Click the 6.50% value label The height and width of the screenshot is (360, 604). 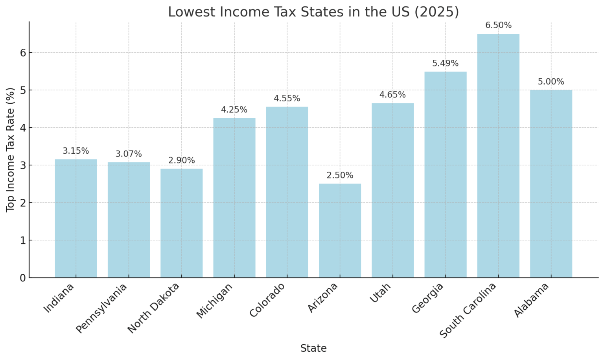(498, 26)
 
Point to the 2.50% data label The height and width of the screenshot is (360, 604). (340, 175)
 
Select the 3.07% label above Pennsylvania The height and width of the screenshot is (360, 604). (129, 154)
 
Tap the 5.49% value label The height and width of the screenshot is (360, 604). (445, 63)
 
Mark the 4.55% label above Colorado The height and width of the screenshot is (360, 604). (287, 98)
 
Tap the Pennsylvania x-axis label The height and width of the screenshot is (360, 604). (102, 308)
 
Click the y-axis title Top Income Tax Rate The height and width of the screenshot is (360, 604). (11, 150)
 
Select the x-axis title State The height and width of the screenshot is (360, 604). (313, 348)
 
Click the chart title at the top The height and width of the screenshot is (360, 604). (313, 12)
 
